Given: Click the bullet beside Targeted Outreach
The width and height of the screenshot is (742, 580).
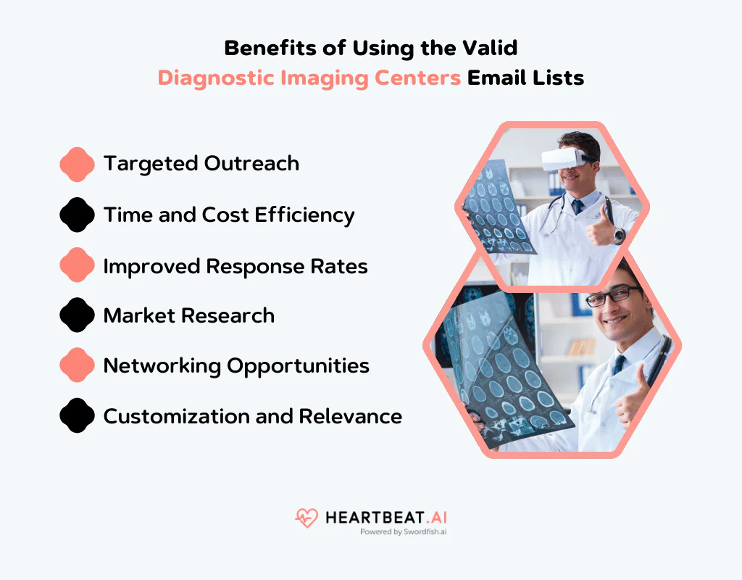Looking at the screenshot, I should tap(77, 164).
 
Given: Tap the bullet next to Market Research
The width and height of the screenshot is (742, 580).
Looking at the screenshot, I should tap(77, 315).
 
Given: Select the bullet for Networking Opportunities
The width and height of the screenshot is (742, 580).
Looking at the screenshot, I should tap(77, 365).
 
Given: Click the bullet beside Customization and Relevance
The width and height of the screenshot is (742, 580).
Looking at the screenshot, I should tap(77, 416).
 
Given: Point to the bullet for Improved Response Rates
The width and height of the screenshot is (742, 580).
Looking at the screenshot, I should tap(77, 265).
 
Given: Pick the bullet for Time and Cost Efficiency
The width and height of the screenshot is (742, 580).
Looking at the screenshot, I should tap(77, 215).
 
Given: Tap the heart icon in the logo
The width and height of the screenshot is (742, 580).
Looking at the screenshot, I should tap(307, 518).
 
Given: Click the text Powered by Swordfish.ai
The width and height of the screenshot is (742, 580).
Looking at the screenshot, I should tap(403, 531).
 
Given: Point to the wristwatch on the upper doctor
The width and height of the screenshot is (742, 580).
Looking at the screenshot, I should tap(619, 235).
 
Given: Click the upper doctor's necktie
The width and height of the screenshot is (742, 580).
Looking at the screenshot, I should tap(578, 207).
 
